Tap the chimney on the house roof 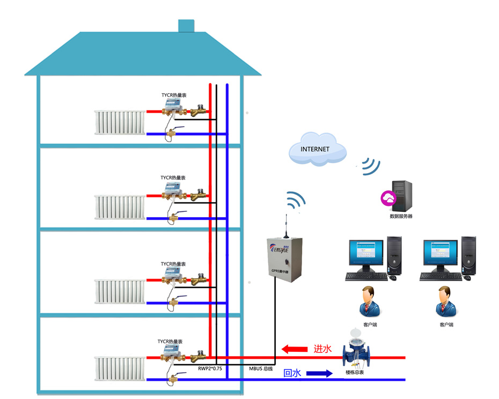(x=186, y=26)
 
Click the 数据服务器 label (x=401, y=216)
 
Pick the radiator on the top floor (x=119, y=122)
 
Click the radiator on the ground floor (x=119, y=369)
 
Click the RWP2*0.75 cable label (x=210, y=368)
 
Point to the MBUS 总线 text (x=261, y=368)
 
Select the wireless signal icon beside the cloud (x=370, y=166)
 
